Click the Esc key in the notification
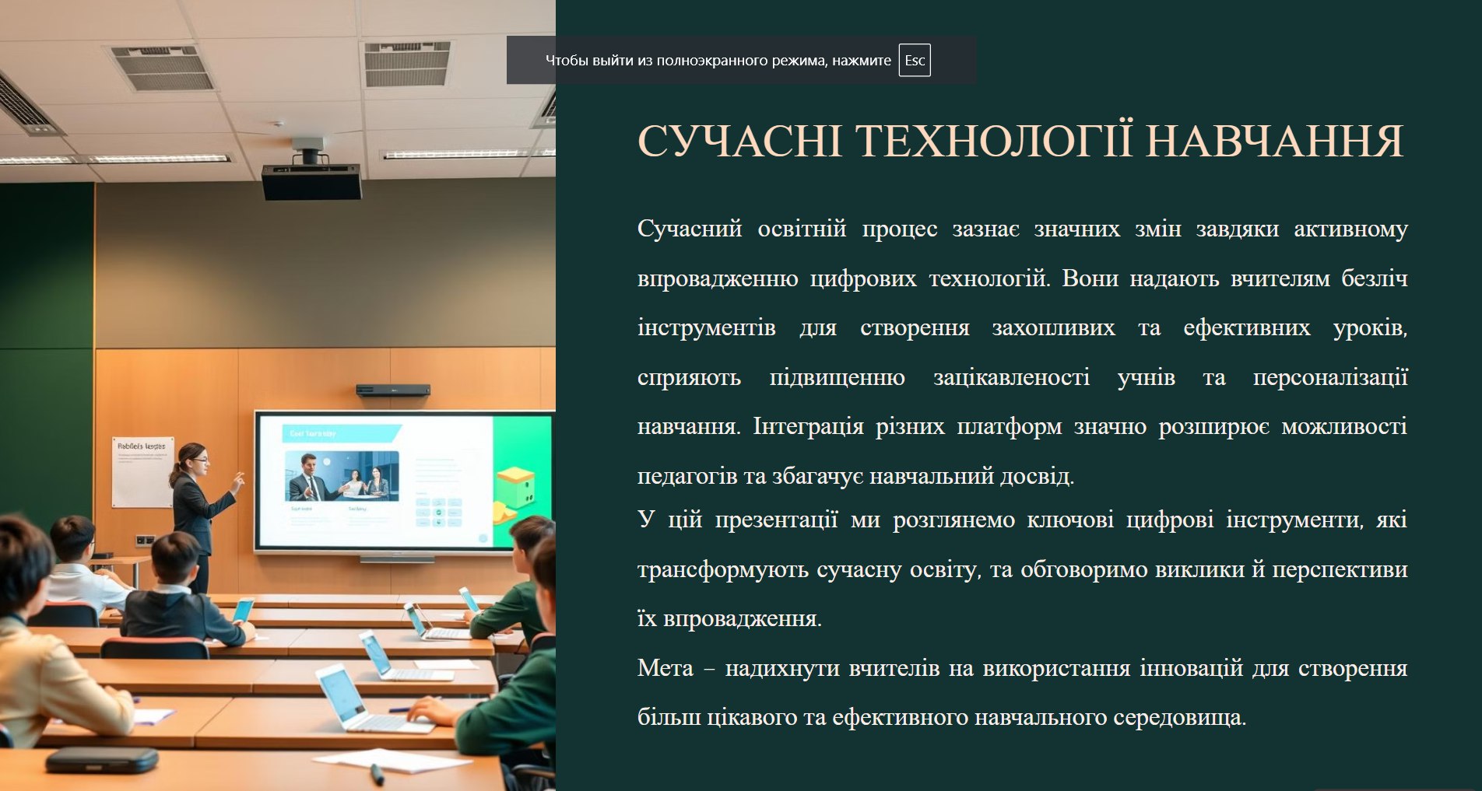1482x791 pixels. [x=915, y=61]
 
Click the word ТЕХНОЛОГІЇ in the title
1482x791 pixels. [x=994, y=141]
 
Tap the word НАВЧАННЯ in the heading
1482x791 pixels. [x=1275, y=142]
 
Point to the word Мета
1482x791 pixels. [x=665, y=668]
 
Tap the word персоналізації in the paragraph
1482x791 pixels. [x=1330, y=378]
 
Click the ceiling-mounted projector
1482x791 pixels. [x=311, y=173]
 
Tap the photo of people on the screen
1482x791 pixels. [x=342, y=475]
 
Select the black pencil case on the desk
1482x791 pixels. [x=102, y=760]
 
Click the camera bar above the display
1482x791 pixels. [x=393, y=390]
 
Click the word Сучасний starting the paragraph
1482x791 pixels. [x=690, y=229]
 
